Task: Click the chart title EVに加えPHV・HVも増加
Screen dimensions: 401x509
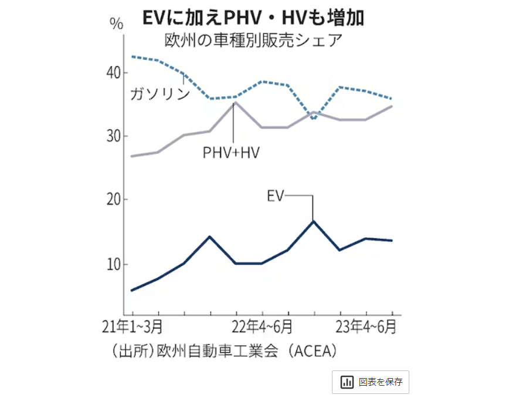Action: [253, 18]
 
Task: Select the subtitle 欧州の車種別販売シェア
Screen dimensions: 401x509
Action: [253, 41]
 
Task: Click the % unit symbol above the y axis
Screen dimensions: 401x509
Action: [117, 24]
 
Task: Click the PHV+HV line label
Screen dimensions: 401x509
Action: [232, 152]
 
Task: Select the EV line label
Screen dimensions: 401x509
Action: [275, 196]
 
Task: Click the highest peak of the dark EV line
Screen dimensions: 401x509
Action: [314, 221]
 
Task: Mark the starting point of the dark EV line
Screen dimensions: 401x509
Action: [133, 290]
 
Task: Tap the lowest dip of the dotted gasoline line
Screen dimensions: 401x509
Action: [314, 119]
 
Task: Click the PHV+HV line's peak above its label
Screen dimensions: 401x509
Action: [235, 103]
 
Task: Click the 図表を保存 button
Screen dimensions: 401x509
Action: [371, 382]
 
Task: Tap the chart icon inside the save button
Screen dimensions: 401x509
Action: [347, 382]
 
